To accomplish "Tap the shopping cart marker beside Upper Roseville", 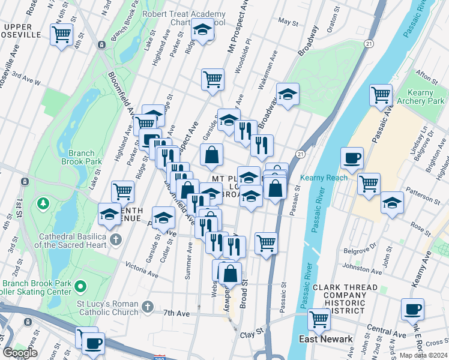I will pyautogui.click(x=62, y=35).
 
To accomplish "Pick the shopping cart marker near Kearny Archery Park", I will pyautogui.click(x=381, y=94).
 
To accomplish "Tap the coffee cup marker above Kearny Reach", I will pyautogui.click(x=352, y=158).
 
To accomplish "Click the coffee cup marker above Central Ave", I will pyautogui.click(x=412, y=309).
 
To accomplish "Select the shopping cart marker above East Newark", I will pyautogui.click(x=318, y=319).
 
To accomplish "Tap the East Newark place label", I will pyautogui.click(x=326, y=339).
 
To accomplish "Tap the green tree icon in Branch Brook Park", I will pyautogui.click(x=43, y=204).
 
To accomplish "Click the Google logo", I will pyautogui.click(x=20, y=353).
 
